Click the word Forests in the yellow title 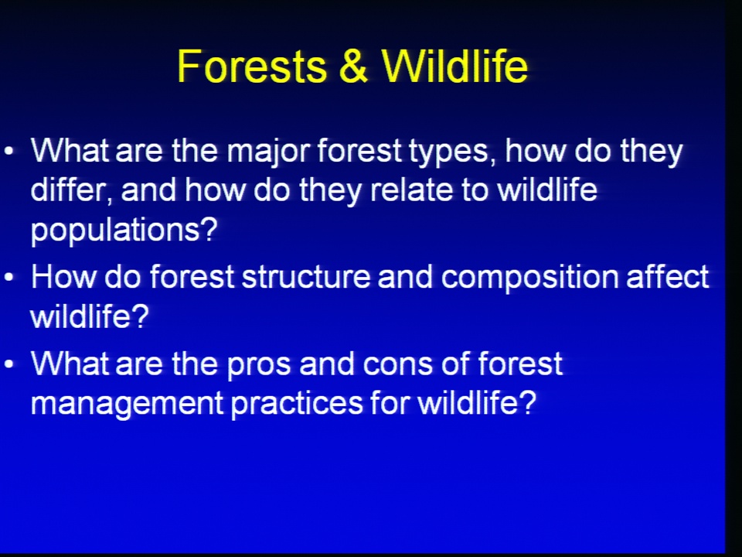tap(252, 66)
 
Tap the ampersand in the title tap(353, 66)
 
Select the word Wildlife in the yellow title tap(454, 66)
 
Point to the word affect tap(667, 277)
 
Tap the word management tap(127, 405)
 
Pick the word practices tap(297, 405)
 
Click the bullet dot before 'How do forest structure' tap(9, 277)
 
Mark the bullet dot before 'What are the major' tap(9, 152)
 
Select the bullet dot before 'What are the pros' tap(9, 364)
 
